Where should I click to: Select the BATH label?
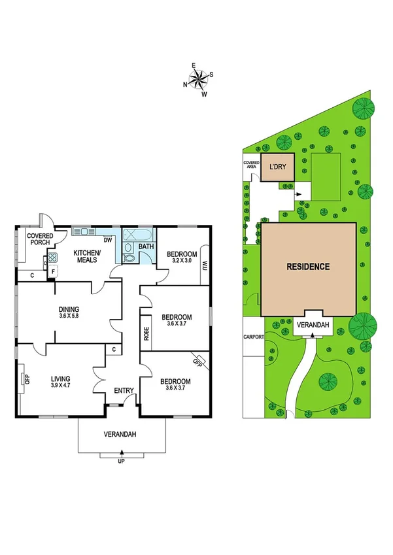click(146, 247)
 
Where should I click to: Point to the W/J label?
click(204, 265)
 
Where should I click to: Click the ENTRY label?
click(124, 391)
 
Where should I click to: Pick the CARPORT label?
click(253, 337)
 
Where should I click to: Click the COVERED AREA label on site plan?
click(252, 164)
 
